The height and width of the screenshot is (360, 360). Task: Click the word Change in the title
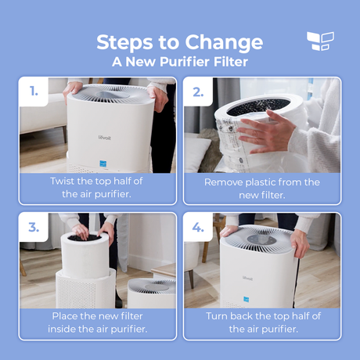point(224,43)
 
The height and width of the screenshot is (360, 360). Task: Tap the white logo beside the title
point(320,41)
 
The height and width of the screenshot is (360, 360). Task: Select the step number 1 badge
point(34,92)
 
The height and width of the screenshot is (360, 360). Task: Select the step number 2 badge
point(198,92)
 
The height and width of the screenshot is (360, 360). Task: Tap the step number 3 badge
point(34,228)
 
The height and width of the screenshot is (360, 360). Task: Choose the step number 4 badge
point(198,228)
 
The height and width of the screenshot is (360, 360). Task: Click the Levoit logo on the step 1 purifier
point(105,138)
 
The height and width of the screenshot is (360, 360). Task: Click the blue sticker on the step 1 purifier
point(103,164)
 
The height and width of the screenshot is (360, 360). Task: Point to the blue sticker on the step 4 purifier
point(247,300)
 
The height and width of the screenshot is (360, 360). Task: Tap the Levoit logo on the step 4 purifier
point(247,279)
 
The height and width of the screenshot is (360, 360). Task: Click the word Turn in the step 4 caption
point(217,316)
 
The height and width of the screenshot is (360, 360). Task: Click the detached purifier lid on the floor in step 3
point(151,293)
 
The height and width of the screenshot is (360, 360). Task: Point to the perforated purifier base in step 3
point(85,290)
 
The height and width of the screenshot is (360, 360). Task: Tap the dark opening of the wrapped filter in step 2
point(258,107)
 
